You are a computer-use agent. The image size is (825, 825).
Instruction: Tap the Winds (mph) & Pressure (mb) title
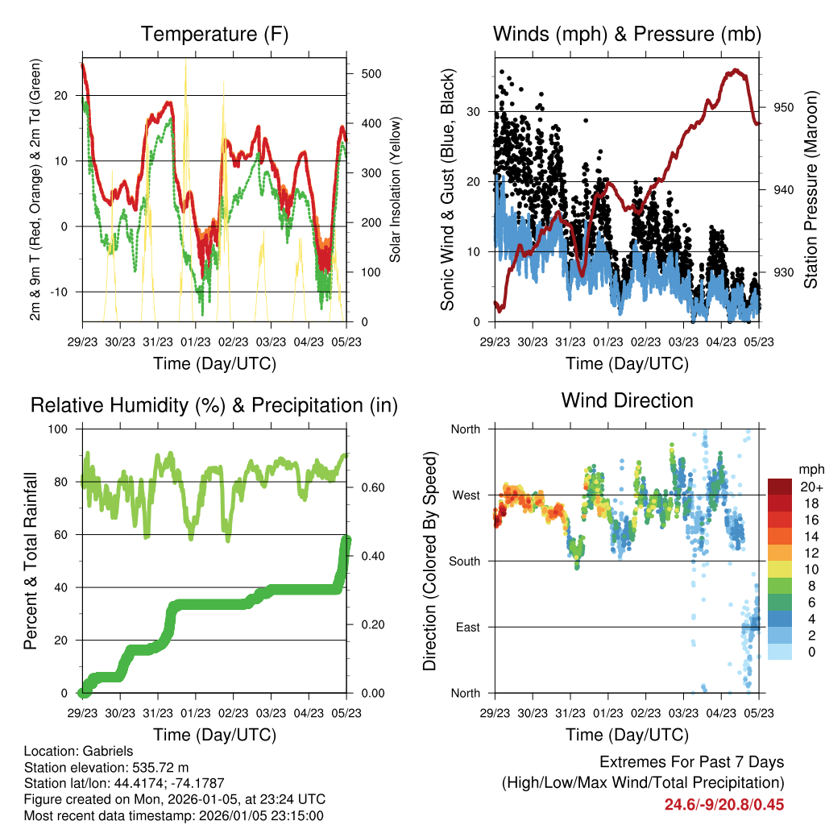pos(627,34)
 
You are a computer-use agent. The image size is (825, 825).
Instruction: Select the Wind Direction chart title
pos(627,400)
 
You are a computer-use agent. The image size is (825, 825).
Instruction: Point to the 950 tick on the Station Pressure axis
pos(783,107)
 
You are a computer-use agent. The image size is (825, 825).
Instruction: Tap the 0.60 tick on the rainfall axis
pos(369,487)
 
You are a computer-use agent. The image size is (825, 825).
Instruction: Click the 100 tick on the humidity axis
pos(64,429)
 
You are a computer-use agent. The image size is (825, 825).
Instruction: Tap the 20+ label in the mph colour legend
pos(810,487)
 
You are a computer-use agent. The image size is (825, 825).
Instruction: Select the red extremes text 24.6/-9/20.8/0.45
pos(723,804)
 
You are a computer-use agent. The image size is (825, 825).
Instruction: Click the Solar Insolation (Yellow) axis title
pos(396,190)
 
